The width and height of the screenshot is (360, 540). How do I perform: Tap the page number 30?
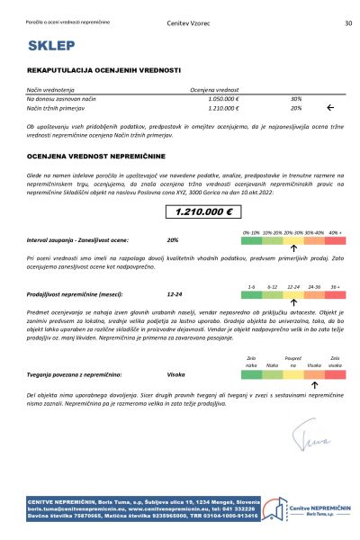347,23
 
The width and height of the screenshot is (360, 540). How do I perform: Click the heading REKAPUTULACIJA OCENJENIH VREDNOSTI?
104,69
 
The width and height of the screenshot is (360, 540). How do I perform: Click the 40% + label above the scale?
336,232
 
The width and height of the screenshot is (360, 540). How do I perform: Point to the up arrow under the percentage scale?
293,247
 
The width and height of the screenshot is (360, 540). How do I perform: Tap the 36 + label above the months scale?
336,285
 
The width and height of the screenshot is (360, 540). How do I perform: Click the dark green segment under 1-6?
252,294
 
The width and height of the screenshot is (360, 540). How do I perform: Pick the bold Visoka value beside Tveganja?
176,373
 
